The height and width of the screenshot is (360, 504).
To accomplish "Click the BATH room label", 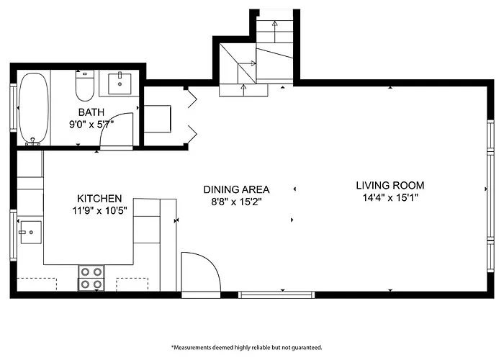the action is click(91, 112).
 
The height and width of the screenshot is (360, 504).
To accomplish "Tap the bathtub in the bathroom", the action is click(34, 108).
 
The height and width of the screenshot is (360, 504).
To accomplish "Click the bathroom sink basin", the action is click(120, 84).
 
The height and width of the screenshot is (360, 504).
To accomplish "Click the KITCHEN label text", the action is click(99, 198).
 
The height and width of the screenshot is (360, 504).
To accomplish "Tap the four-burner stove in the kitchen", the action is click(91, 278).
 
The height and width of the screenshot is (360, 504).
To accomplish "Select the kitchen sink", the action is click(31, 232).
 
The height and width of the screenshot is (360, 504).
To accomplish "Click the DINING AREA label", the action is click(236, 189).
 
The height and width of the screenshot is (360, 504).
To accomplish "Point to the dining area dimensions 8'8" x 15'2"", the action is click(236, 202).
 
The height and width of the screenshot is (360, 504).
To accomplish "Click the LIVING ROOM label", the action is click(390, 185).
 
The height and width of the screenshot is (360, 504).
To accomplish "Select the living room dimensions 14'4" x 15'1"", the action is click(390, 197).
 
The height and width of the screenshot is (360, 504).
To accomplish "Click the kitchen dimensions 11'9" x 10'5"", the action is click(99, 210).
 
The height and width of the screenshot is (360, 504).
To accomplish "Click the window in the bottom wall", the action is click(276, 294).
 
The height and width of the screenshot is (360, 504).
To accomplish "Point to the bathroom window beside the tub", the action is click(13, 108).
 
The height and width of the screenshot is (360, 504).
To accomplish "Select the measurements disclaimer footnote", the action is click(246, 348).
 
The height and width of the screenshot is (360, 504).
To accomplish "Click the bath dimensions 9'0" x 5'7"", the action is click(91, 124).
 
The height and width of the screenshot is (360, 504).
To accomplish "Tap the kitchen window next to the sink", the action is click(13, 235).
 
